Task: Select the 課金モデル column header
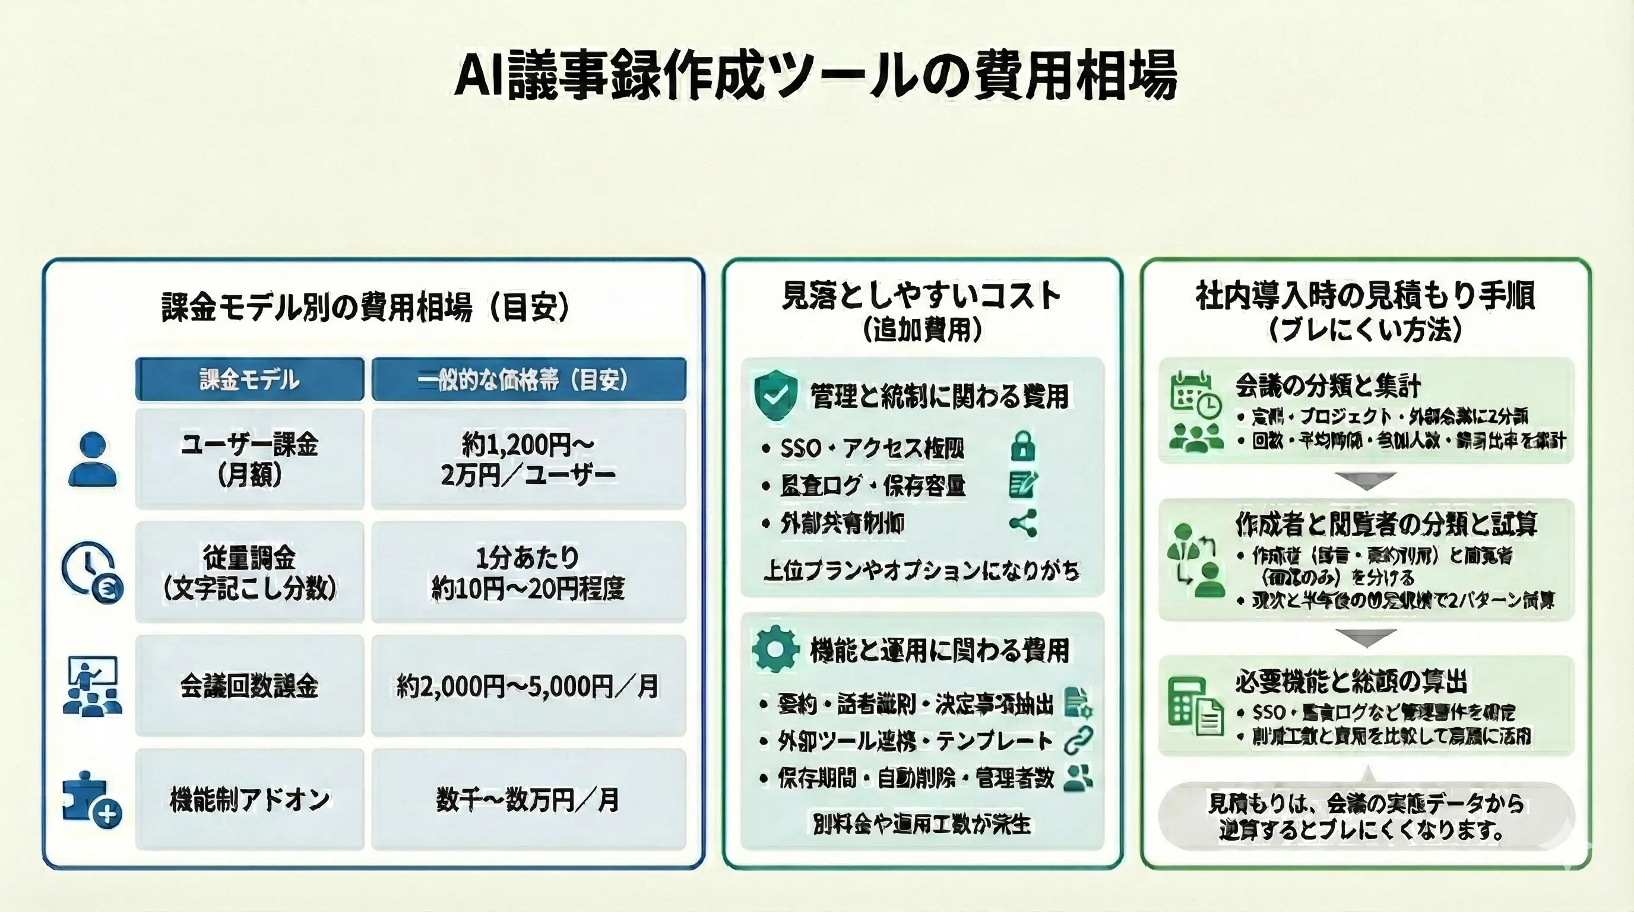click(x=249, y=379)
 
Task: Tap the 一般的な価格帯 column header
click(x=528, y=379)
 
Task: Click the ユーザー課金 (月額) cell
click(x=249, y=459)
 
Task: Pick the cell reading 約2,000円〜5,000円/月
click(x=528, y=686)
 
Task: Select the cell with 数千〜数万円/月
click(x=528, y=799)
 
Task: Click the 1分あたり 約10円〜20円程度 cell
click(x=528, y=573)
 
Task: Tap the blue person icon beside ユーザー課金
click(x=93, y=459)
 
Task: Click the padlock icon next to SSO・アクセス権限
click(x=1022, y=446)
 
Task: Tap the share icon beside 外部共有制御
click(x=1022, y=522)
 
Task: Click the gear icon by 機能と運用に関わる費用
click(x=774, y=649)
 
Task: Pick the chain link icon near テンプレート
click(x=1078, y=740)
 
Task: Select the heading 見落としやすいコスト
click(x=921, y=296)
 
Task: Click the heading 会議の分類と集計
click(x=1328, y=385)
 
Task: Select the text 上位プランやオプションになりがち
click(x=921, y=570)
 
